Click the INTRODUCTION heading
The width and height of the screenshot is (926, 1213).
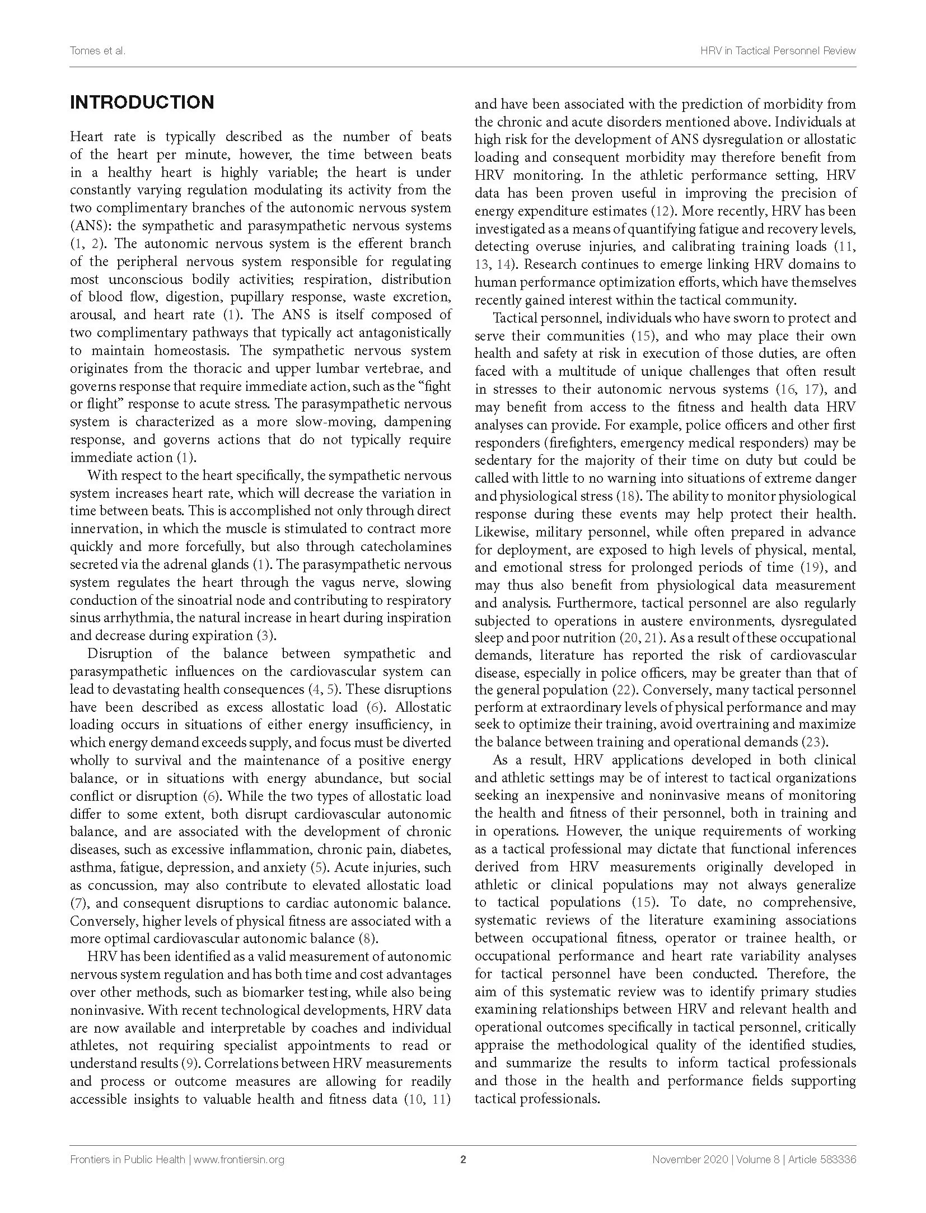[142, 102]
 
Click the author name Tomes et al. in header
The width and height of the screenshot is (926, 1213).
[97, 51]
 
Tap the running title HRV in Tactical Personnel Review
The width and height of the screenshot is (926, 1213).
[778, 51]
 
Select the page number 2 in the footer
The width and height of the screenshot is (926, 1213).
[463, 1159]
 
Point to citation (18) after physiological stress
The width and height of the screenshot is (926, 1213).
[626, 496]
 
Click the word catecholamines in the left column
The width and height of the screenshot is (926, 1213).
[401, 547]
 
